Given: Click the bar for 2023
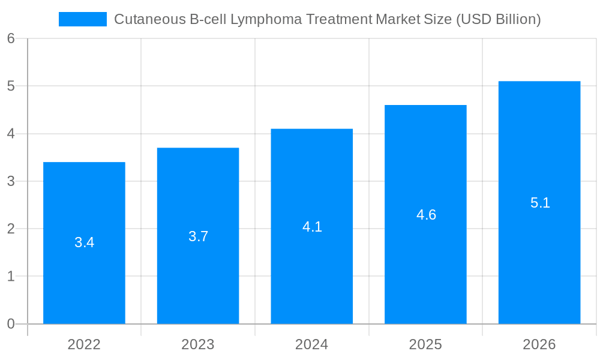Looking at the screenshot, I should click(x=198, y=276).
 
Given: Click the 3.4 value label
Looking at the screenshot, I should click(x=84, y=243).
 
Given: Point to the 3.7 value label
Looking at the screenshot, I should click(x=198, y=236).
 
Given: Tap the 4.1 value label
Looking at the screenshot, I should click(x=312, y=227).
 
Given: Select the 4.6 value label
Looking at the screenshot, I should click(x=426, y=215).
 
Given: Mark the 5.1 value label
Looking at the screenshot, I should click(x=540, y=203).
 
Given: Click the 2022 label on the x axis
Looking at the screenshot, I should click(x=84, y=344).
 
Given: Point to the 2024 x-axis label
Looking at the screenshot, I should click(x=312, y=344).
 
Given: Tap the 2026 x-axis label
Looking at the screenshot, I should click(x=539, y=344).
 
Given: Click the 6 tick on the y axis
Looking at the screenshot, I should click(x=11, y=38).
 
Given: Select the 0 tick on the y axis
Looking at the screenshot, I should click(x=11, y=324).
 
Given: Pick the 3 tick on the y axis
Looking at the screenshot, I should click(x=11, y=181).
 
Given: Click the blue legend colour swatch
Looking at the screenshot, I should click(x=82, y=19).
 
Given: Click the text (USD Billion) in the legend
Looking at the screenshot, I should click(x=499, y=20).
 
